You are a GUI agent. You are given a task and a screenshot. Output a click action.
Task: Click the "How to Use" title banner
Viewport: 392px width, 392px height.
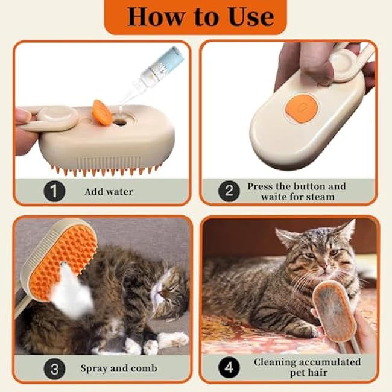tap(195, 16)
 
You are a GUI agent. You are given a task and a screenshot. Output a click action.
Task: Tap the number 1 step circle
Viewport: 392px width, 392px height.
tap(54, 192)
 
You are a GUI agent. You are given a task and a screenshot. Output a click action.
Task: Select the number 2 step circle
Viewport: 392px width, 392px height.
tap(229, 192)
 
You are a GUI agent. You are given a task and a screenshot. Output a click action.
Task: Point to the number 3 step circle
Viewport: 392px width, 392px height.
tap(54, 367)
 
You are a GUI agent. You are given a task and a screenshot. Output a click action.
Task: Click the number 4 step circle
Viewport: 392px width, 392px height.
tap(229, 367)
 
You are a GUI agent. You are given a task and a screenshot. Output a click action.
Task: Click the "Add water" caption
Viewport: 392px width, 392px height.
tap(109, 192)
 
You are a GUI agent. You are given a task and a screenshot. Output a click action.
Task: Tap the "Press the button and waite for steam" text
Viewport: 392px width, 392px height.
tap(296, 192)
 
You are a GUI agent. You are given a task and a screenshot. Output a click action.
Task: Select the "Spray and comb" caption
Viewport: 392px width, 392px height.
tap(119, 367)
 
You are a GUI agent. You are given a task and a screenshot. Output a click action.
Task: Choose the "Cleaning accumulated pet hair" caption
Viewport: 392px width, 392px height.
tap(307, 367)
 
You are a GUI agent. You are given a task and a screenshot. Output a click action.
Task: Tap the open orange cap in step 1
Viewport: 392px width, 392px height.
tap(102, 112)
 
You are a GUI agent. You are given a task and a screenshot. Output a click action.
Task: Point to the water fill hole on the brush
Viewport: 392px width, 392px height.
tap(119, 122)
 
